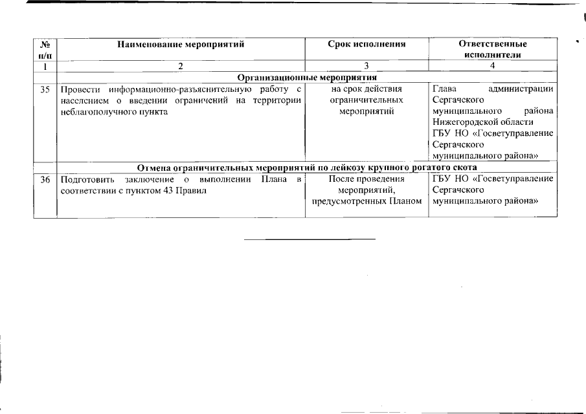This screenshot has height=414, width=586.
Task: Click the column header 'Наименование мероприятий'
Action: (181, 44)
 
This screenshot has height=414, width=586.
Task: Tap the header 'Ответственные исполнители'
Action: (492, 49)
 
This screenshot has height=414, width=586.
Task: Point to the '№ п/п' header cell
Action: (45, 49)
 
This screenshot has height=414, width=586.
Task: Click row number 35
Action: (45, 89)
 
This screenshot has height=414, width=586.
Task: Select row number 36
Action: (45, 179)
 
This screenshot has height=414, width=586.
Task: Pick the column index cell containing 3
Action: (366, 66)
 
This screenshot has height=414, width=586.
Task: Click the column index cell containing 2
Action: (181, 66)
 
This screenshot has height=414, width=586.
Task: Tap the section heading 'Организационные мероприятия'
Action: (307, 78)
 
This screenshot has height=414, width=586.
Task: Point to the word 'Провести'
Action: (79, 89)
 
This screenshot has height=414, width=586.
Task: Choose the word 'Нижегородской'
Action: (464, 122)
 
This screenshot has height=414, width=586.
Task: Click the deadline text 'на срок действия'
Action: (366, 89)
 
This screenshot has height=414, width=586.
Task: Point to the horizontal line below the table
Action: (310, 240)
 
